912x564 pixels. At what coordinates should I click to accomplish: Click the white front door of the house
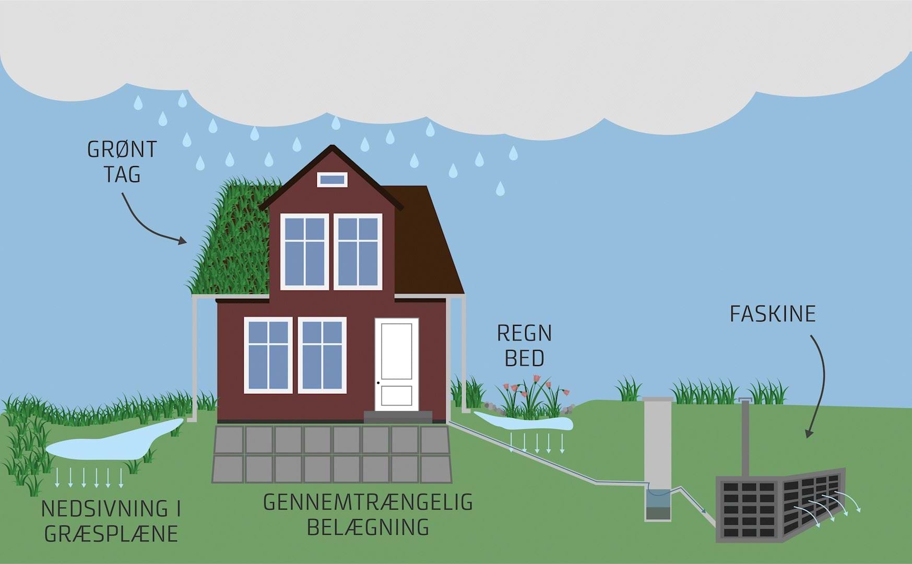click(x=397, y=365)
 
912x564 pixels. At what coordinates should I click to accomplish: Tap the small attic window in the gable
click(x=332, y=180)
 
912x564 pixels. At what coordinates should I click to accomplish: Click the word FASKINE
click(x=773, y=314)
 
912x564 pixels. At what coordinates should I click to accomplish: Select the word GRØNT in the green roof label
click(x=122, y=150)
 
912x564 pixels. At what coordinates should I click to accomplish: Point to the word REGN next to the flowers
click(x=524, y=333)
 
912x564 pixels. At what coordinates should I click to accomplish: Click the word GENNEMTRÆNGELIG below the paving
click(x=368, y=502)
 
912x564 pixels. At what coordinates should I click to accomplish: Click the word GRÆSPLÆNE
click(x=111, y=534)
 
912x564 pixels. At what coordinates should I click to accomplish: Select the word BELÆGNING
click(x=368, y=527)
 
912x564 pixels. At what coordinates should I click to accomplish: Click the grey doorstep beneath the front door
click(x=398, y=417)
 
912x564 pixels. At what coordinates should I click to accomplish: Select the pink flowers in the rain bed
click(x=532, y=386)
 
